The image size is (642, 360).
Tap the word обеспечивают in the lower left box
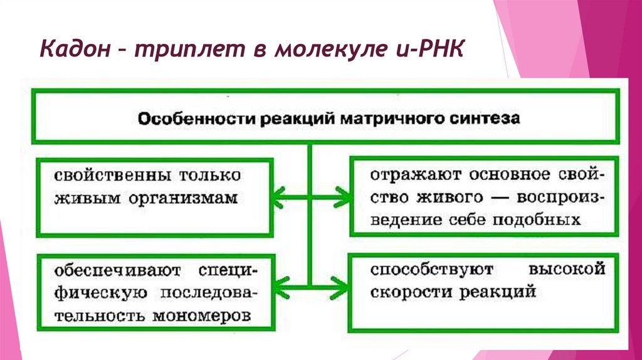pyautogui.click(x=117, y=271)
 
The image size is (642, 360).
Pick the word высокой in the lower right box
pyautogui.click(x=567, y=270)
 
